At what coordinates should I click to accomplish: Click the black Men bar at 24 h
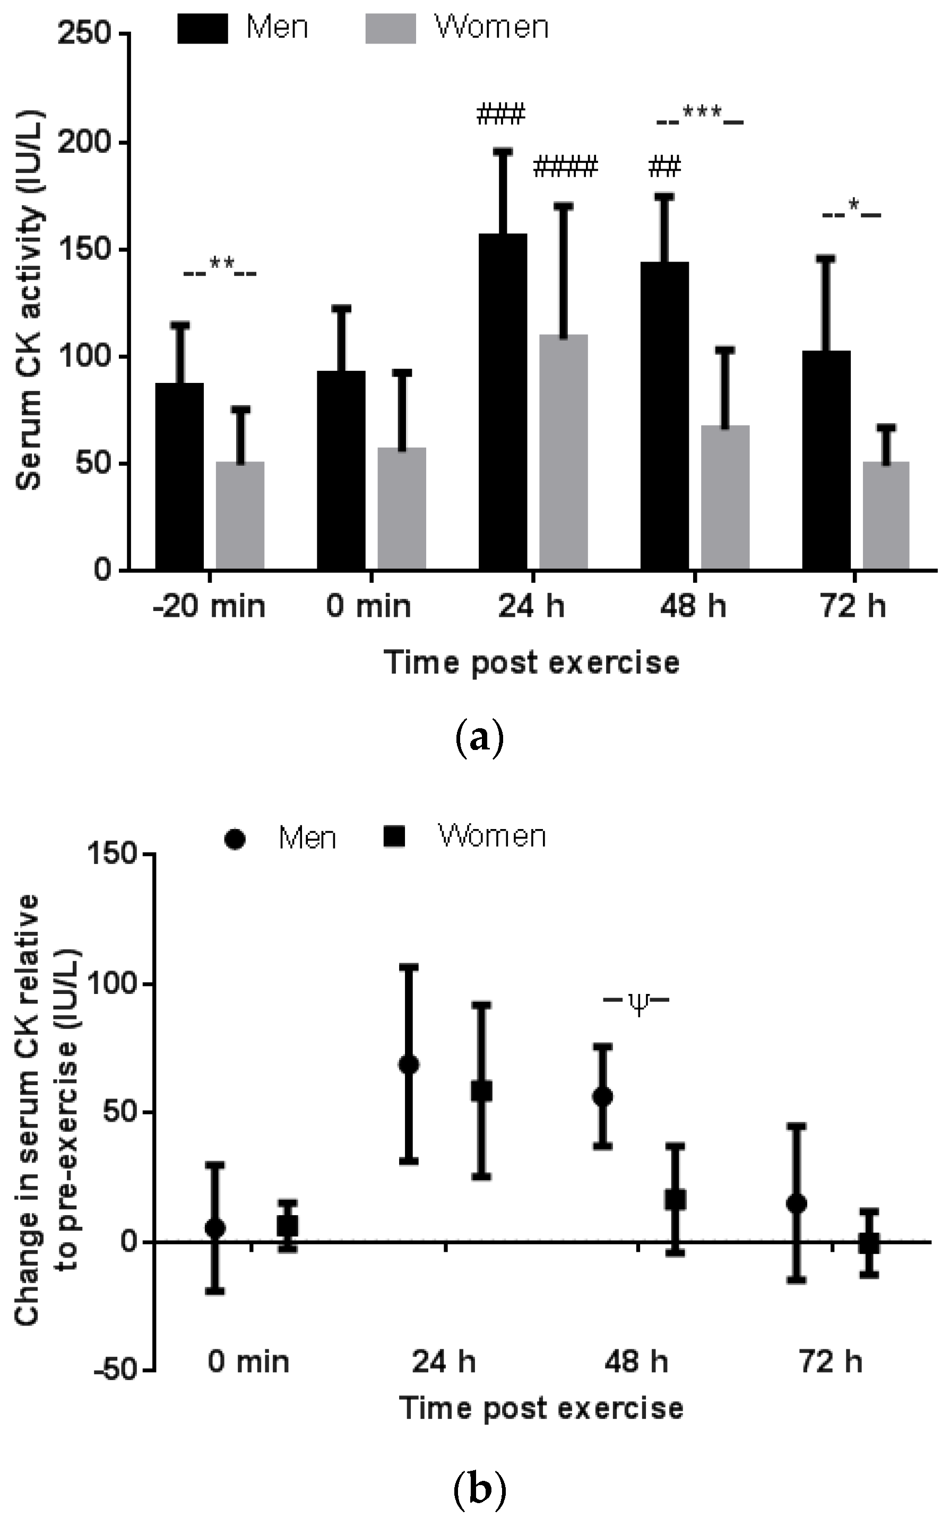click(503, 402)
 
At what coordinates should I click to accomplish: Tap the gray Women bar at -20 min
click(240, 515)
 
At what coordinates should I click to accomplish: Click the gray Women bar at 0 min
click(401, 508)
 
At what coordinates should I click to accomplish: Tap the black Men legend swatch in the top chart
click(202, 29)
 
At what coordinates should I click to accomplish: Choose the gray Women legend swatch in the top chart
click(390, 29)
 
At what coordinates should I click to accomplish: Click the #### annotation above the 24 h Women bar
click(565, 167)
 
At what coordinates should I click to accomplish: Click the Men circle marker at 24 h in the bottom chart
click(409, 1064)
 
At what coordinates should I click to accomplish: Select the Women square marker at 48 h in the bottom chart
click(675, 1199)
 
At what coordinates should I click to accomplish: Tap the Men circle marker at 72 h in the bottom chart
click(796, 1203)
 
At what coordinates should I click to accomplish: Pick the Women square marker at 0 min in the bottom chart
click(288, 1225)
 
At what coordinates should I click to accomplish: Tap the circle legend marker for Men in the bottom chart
click(235, 840)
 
